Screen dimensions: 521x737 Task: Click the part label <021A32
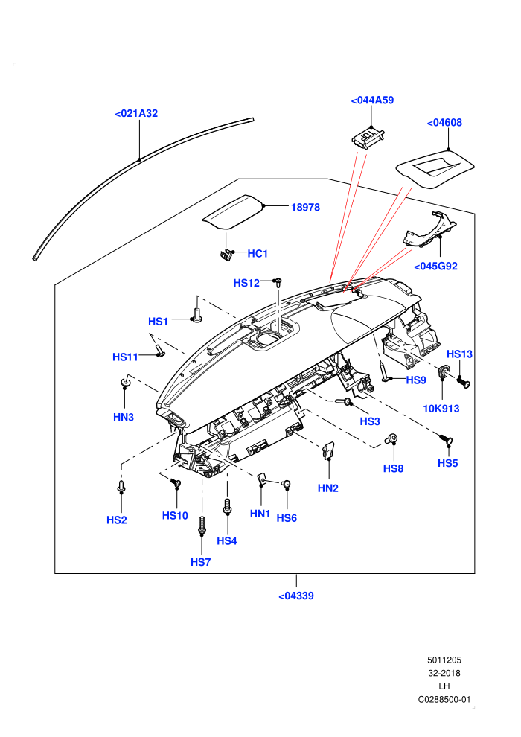point(136,113)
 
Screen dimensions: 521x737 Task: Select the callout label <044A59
point(373,100)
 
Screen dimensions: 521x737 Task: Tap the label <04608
point(444,123)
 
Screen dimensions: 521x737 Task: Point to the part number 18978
point(305,207)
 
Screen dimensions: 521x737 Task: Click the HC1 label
point(258,254)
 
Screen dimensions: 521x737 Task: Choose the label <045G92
point(435,267)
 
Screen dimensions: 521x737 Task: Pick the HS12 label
point(246,283)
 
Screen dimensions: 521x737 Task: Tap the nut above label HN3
point(125,383)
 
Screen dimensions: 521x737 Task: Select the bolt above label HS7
point(202,525)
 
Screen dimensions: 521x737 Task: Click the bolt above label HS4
point(228,507)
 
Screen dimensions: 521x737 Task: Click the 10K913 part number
point(441,409)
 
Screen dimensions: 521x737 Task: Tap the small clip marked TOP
point(368,138)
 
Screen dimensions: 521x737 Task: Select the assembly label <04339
point(296,596)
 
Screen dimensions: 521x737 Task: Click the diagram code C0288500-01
point(444,700)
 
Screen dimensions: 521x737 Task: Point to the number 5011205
point(444,660)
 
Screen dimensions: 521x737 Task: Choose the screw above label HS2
point(121,486)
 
